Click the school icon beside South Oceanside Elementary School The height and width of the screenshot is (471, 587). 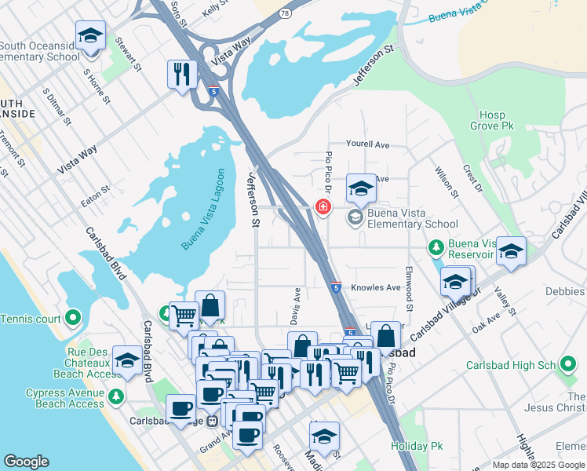pyautogui.click(x=90, y=36)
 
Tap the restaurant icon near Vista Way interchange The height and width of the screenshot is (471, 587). pyautogui.click(x=182, y=75)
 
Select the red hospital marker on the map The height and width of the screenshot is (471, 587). pyautogui.click(x=322, y=207)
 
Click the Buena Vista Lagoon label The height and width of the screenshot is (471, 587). pyautogui.click(x=204, y=210)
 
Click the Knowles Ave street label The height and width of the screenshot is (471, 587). pyautogui.click(x=376, y=288)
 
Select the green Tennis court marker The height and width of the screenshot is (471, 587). pyautogui.click(x=73, y=318)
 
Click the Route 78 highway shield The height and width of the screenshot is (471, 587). pyautogui.click(x=285, y=13)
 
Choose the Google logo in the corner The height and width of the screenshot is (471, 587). pyautogui.click(x=26, y=462)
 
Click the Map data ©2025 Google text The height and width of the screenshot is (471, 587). pyautogui.click(x=538, y=465)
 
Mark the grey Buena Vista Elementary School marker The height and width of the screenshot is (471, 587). pyautogui.click(x=355, y=217)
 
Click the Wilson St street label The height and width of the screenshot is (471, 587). pyautogui.click(x=447, y=178)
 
